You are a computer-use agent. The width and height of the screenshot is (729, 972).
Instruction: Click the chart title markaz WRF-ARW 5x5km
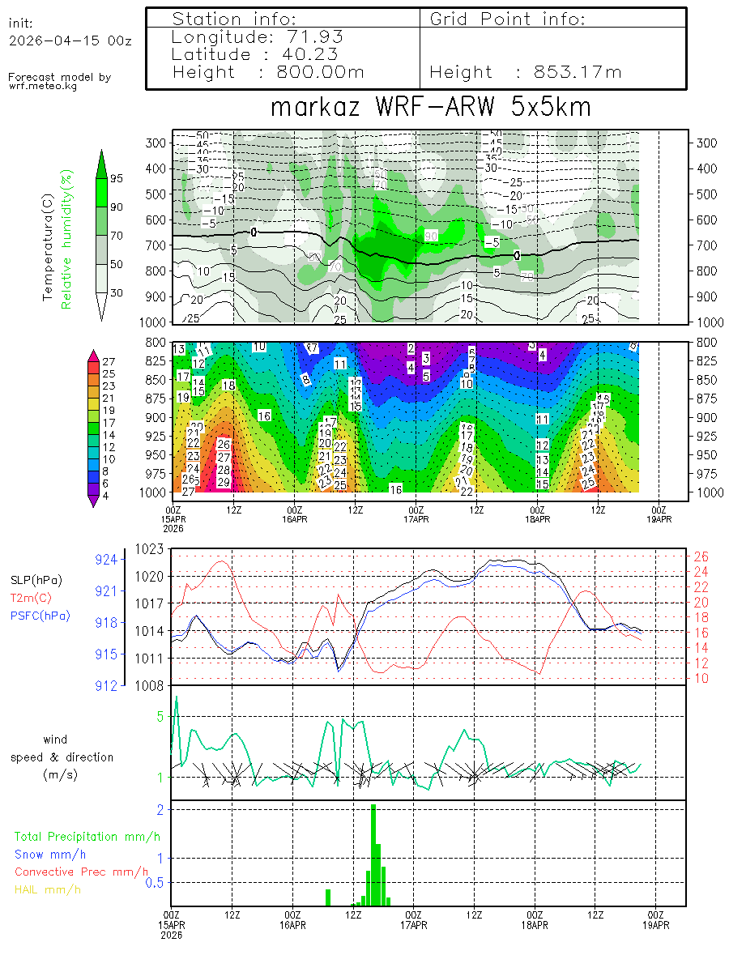coord(430,107)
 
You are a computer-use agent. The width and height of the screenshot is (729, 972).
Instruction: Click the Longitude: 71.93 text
coord(258,36)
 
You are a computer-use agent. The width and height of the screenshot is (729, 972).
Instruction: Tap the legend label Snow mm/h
coord(50,854)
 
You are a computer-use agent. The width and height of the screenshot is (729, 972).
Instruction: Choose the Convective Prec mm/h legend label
coord(81,872)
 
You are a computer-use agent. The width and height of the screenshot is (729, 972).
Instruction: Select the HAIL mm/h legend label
coord(48,889)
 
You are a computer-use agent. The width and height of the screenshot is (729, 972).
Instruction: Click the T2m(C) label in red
coord(31,598)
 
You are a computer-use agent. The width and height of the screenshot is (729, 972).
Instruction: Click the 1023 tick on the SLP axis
coord(152,549)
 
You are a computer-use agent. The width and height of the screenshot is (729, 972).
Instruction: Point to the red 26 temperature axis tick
coord(700,556)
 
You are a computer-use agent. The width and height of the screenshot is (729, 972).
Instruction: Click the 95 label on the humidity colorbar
coord(117,178)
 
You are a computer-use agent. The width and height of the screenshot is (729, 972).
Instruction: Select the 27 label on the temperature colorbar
coord(110,361)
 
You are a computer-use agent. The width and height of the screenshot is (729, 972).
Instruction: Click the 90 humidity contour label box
coord(432,235)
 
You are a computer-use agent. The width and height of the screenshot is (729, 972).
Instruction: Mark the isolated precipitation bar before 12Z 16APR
coord(328,897)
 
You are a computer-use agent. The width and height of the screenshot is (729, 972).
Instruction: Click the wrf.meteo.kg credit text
coord(43,86)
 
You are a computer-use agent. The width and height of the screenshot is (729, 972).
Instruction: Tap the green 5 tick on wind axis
coord(160,716)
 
